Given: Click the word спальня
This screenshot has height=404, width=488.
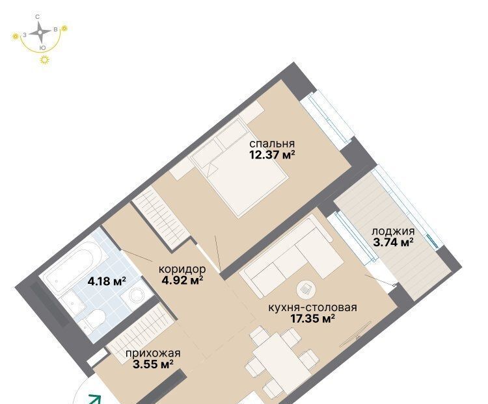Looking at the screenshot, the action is point(272,144).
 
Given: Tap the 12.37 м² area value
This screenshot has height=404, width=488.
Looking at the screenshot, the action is point(272,155).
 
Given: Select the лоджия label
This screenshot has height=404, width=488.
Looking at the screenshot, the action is point(394,231).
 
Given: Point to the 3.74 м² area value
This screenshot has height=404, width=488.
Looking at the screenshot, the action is point(394,242).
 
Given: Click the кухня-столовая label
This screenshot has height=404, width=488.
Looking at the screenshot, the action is point(312,308).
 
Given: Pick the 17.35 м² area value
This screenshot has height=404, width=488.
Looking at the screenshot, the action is point(312,318).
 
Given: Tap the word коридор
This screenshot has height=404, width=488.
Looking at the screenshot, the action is point(182,269).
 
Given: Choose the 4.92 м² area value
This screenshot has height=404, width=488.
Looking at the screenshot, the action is point(182,281).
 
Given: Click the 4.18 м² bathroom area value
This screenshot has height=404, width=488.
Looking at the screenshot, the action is point(107,281).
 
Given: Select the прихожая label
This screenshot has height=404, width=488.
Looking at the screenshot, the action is point(153,353).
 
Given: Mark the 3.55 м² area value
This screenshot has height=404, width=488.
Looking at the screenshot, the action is point(153,364).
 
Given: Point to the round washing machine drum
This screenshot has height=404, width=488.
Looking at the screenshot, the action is point(137,295).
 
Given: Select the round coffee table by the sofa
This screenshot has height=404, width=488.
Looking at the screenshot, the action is point(306,289).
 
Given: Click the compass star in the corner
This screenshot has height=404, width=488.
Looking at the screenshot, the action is point(40,32).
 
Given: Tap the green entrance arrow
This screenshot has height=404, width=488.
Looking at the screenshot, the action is point(94,399).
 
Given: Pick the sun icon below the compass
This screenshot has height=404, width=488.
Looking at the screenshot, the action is point(45,59).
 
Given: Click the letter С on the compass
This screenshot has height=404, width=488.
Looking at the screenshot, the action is point(38,17).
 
